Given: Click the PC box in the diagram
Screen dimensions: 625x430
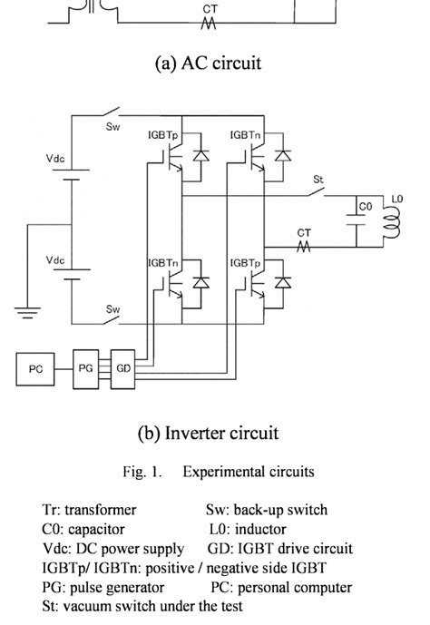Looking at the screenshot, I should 35,369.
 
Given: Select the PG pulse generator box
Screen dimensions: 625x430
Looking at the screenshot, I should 86,369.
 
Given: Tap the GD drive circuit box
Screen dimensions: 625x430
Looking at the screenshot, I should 122,369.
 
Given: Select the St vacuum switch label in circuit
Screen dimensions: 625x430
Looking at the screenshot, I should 318,179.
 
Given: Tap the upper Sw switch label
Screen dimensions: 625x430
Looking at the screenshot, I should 112,127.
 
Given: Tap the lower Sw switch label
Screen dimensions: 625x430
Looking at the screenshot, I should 112,309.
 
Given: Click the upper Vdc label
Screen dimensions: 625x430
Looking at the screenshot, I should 55,157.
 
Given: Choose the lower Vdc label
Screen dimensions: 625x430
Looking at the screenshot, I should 55,259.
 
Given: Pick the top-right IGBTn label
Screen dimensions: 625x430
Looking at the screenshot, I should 246,134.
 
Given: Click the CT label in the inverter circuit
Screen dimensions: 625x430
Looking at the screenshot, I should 304,233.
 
